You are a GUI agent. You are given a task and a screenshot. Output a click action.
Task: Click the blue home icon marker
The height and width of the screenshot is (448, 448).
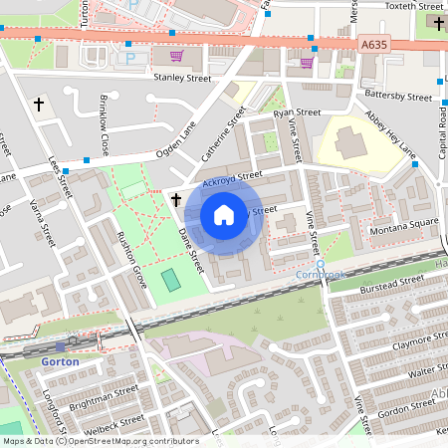click(x=224, y=214)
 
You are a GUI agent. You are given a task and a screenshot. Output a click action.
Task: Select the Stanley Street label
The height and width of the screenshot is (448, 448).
click(x=182, y=76)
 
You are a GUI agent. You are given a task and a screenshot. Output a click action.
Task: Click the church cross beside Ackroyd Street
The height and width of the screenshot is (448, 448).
click(x=176, y=200)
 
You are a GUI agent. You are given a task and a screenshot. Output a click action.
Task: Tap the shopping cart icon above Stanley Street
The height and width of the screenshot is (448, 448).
click(x=176, y=56)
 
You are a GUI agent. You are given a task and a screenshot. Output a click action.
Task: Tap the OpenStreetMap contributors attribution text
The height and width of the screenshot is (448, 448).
click(x=129, y=440)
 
